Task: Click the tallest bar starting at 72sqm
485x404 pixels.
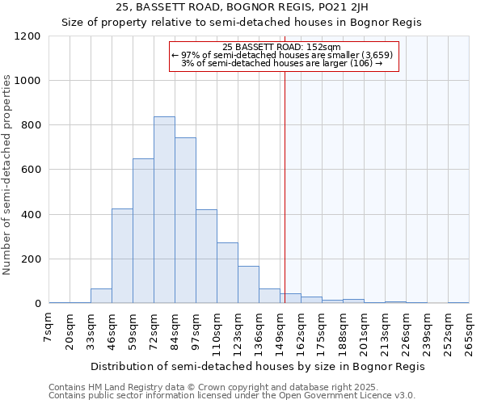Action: (x=164, y=210)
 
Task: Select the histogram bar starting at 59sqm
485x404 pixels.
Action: (x=143, y=231)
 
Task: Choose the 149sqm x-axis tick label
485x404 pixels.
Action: (x=280, y=331)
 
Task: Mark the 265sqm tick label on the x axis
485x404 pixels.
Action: (x=469, y=331)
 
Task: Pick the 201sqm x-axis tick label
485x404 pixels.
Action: (x=364, y=331)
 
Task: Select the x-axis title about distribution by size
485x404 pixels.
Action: (x=257, y=366)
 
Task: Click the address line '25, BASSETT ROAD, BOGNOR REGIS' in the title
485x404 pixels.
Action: (x=242, y=7)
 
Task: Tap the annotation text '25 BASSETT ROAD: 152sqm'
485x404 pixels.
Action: (x=281, y=47)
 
